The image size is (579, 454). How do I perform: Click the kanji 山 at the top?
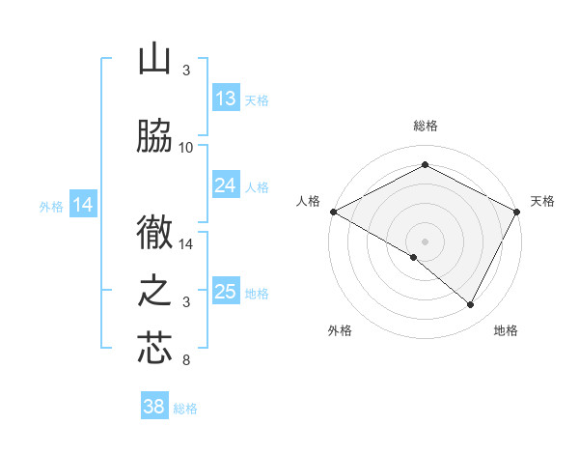[x=154, y=60]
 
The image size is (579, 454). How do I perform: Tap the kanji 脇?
[x=154, y=137]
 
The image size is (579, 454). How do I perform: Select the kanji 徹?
[x=154, y=234]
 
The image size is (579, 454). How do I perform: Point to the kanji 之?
[x=154, y=292]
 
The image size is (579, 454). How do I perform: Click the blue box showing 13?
[x=226, y=99]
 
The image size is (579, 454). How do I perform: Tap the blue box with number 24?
[x=226, y=185]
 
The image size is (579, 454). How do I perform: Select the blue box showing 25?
[x=226, y=292]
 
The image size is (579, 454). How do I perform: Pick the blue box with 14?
[x=84, y=205]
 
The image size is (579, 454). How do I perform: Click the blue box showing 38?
[x=154, y=407]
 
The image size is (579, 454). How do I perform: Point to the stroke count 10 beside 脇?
[x=186, y=148]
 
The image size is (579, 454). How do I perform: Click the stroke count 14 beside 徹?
[x=186, y=244]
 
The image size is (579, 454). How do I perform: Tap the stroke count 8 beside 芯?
[x=186, y=361]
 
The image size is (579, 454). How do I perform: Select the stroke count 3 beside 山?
[x=186, y=71]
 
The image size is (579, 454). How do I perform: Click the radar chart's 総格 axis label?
[x=425, y=126]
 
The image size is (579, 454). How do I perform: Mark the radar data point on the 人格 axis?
[x=333, y=211]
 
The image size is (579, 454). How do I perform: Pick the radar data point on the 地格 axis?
[x=471, y=304]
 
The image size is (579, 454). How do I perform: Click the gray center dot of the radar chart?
[x=425, y=241]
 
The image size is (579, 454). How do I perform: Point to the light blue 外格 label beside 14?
[x=50, y=206]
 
